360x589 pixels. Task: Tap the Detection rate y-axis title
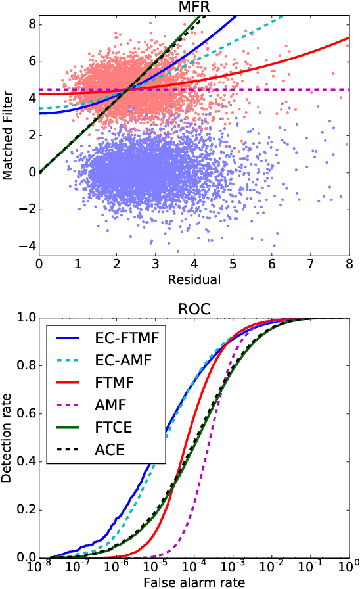click(8, 437)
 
